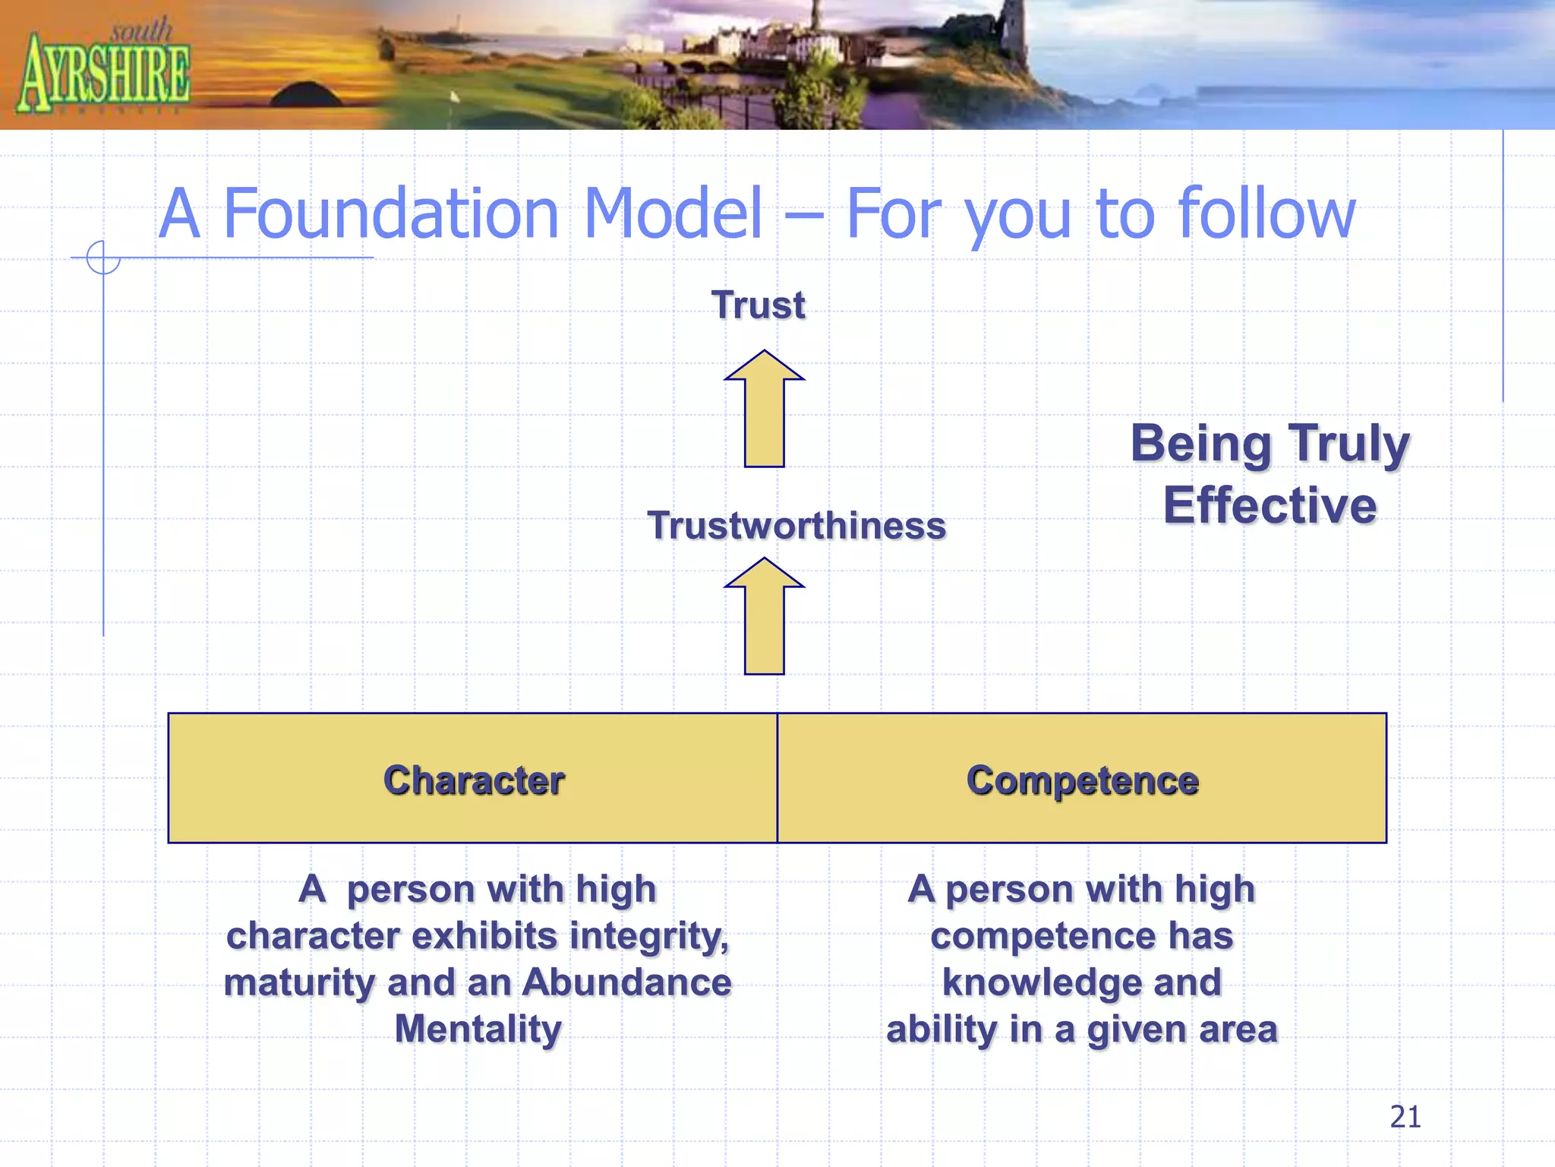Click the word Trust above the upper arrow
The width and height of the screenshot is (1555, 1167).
[x=758, y=305]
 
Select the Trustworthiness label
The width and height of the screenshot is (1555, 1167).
[x=796, y=526]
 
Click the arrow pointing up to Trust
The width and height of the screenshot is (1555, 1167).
[x=764, y=410]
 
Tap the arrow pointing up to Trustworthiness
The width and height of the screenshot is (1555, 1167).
[x=764, y=618]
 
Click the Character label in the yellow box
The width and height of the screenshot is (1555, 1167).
[x=474, y=780]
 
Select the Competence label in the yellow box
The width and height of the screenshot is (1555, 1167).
[x=1082, y=780]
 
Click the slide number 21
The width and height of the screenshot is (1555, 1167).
[x=1405, y=1117]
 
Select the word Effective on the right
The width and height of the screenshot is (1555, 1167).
[x=1270, y=506]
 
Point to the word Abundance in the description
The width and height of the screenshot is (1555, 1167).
[x=627, y=982]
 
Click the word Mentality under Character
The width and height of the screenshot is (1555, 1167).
[x=478, y=1029]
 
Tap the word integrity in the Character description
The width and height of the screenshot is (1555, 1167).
[x=649, y=936]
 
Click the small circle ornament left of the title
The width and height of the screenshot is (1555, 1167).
[x=103, y=258]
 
